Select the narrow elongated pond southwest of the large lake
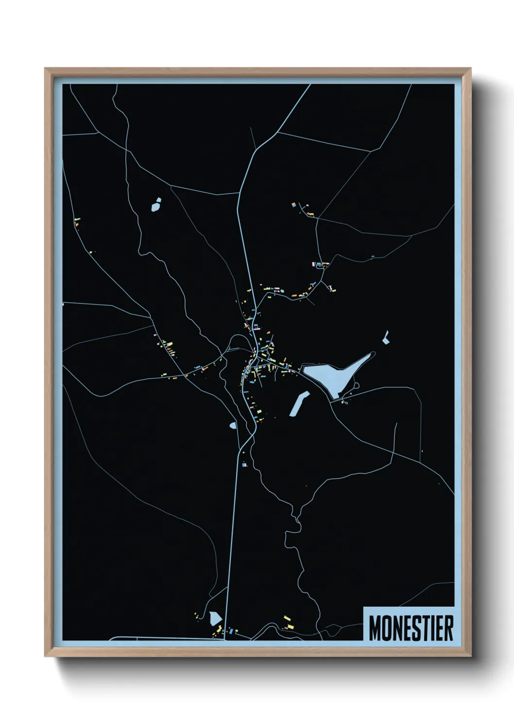pos(299,404)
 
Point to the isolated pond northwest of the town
pos(156,205)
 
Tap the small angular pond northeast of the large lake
pos(386,338)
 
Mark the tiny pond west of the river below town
pos(233,425)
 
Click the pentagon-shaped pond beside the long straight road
pos(215,618)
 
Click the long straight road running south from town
pos(232,535)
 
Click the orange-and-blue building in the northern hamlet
pos(294,205)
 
